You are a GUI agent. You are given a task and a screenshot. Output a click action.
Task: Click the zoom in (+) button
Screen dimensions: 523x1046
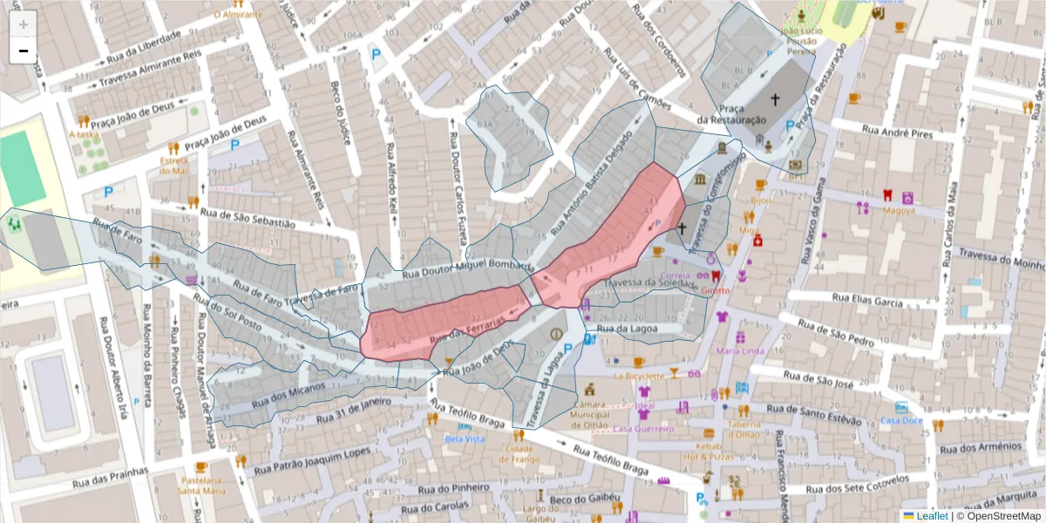tap(24, 24)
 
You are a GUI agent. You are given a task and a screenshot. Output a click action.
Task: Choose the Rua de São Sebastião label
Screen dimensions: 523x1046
tap(248, 217)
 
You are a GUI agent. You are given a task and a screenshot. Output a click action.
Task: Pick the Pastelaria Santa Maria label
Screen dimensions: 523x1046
tap(202, 485)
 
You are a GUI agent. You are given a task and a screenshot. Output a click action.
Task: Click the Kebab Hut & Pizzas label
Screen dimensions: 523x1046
tap(708, 451)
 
